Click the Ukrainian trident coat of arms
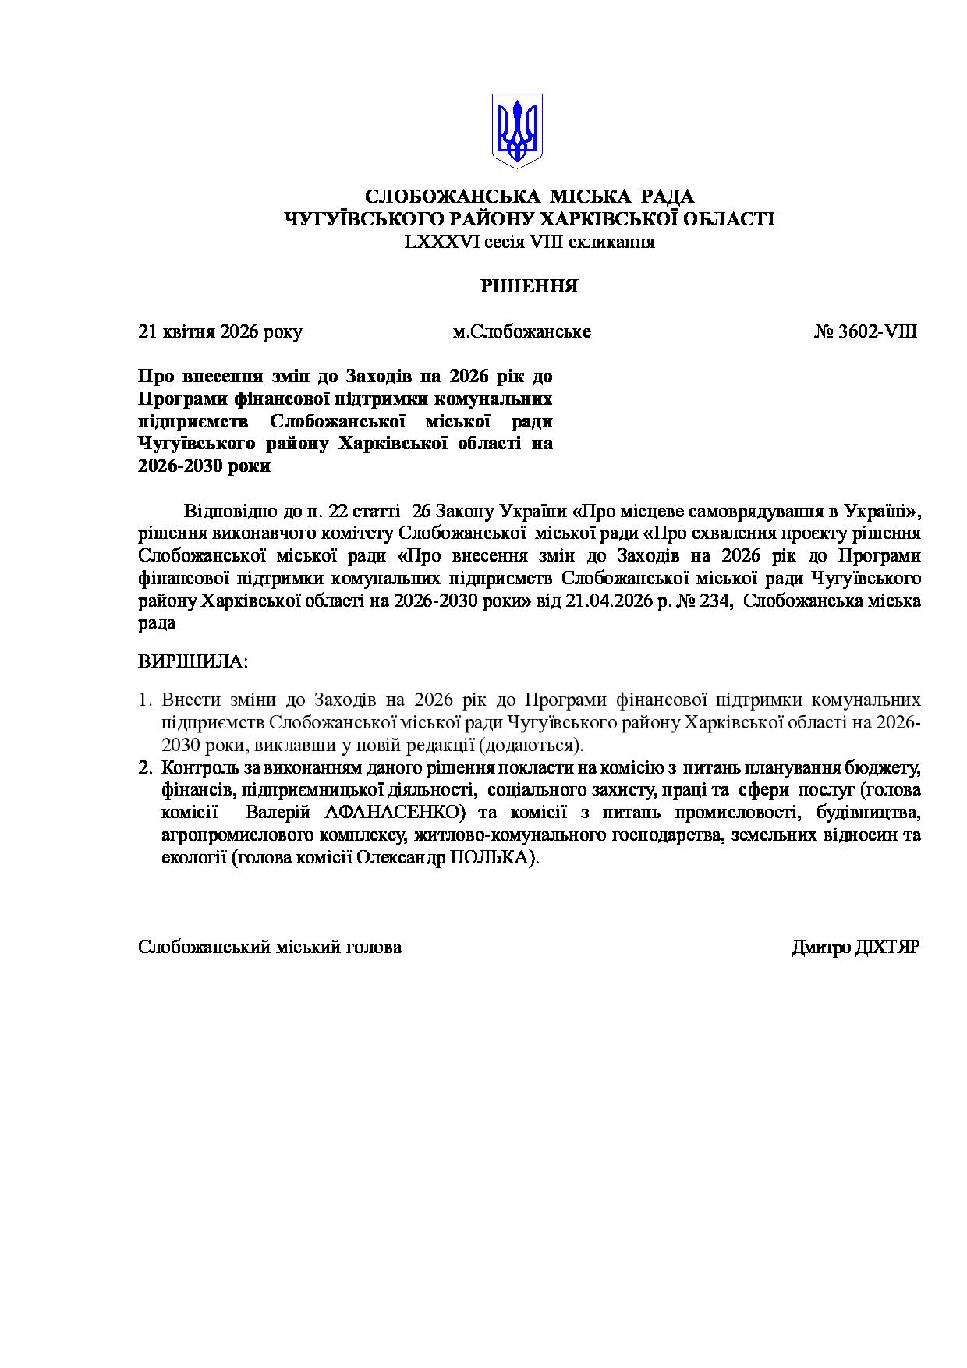[516, 130]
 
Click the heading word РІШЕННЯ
[529, 286]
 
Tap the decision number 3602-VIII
[877, 331]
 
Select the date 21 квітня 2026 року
[220, 331]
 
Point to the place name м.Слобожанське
[522, 331]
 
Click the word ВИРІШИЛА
[192, 662]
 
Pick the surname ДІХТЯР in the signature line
[887, 947]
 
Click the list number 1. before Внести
[144, 700]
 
